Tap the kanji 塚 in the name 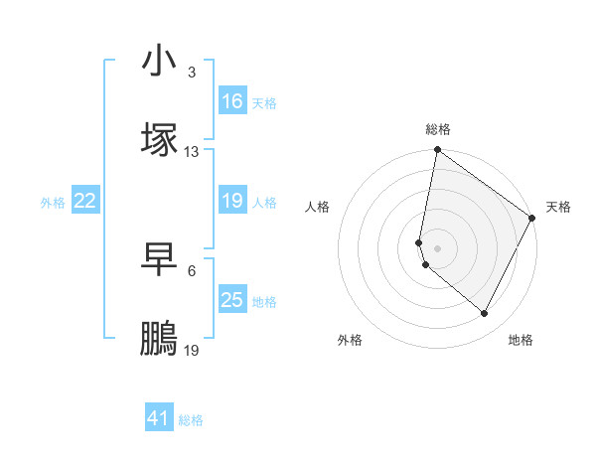[159, 140]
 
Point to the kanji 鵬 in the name [159, 339]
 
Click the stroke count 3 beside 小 [191, 73]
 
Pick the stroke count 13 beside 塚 [191, 152]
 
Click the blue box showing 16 [232, 101]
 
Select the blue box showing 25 [232, 300]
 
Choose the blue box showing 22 [85, 201]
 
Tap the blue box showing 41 [159, 419]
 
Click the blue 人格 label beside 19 [264, 202]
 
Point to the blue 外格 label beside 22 [53, 202]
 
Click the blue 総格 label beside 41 [191, 420]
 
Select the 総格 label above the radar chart [438, 129]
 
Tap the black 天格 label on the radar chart [558, 207]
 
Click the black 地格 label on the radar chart [521, 340]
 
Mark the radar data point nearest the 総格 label [437, 151]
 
